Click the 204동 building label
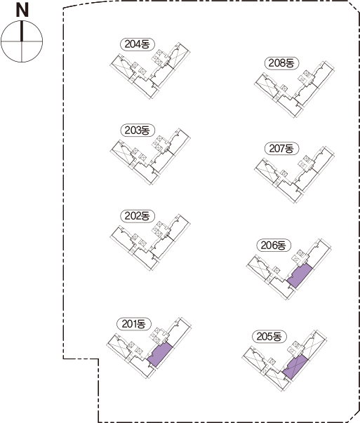(x=138, y=44)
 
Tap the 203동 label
(x=138, y=130)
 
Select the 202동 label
(x=138, y=216)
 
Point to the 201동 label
(x=134, y=324)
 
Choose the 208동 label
(x=281, y=63)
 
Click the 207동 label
(x=281, y=149)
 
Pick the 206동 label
(x=274, y=246)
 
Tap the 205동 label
(x=269, y=337)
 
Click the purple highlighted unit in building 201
(x=160, y=354)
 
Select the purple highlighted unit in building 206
(x=300, y=276)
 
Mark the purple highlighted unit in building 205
(x=295, y=367)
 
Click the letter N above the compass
(x=22, y=11)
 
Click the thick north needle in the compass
(x=22, y=32)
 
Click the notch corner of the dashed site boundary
(x=98, y=358)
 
